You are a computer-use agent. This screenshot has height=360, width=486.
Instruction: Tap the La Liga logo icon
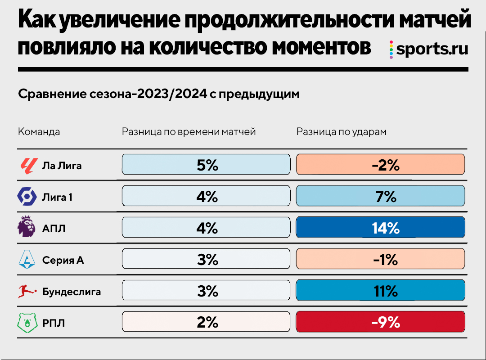[27, 165]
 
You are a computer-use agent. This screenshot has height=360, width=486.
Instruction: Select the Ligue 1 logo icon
[27, 197]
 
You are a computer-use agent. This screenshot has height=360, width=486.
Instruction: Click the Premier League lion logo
[27, 228]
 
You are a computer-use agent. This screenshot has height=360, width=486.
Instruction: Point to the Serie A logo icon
[27, 260]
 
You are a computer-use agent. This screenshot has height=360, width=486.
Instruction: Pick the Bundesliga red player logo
[27, 291]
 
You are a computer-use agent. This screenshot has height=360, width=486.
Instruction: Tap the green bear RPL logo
[27, 323]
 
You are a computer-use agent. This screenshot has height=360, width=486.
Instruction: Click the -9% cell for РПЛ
[380, 323]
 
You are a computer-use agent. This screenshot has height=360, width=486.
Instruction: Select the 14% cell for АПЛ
[380, 228]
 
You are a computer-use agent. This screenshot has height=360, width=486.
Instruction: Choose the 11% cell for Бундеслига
[380, 291]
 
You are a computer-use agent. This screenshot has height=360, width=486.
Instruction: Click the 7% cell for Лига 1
[380, 197]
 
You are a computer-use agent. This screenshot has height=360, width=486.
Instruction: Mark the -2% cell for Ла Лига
[380, 165]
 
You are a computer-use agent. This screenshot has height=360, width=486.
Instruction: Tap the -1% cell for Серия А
[380, 260]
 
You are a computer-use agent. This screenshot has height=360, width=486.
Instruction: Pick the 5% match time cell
[206, 165]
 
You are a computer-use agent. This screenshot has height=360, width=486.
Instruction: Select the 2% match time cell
[206, 323]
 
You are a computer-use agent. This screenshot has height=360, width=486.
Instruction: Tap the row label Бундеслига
[72, 292]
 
